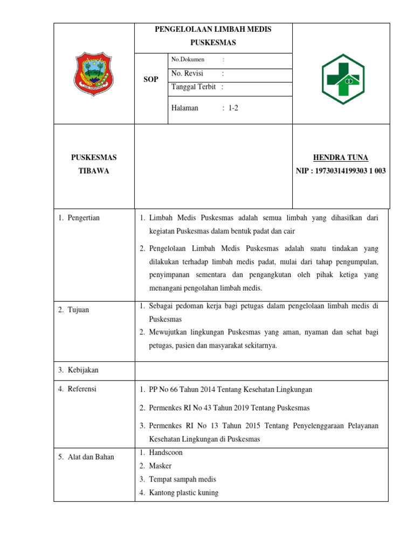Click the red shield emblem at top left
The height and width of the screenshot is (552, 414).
coord(93,74)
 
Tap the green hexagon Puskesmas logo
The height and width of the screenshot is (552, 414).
coord(343,79)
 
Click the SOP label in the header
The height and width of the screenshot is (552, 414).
coord(151,79)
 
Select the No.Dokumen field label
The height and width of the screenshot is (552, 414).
coord(188,59)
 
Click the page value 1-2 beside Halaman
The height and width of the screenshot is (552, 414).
coord(233,108)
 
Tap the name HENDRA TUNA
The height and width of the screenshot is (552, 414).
coord(341,157)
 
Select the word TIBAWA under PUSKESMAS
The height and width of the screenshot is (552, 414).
coord(94,171)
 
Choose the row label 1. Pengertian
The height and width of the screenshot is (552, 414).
coord(79,218)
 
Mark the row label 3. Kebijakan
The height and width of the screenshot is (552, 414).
coord(79,370)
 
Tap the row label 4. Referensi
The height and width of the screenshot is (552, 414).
coord(78,389)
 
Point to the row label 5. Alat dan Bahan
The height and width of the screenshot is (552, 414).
coord(86,457)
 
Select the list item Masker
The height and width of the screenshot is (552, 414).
coord(160,466)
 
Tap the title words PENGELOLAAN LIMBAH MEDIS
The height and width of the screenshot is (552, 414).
coord(213,30)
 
